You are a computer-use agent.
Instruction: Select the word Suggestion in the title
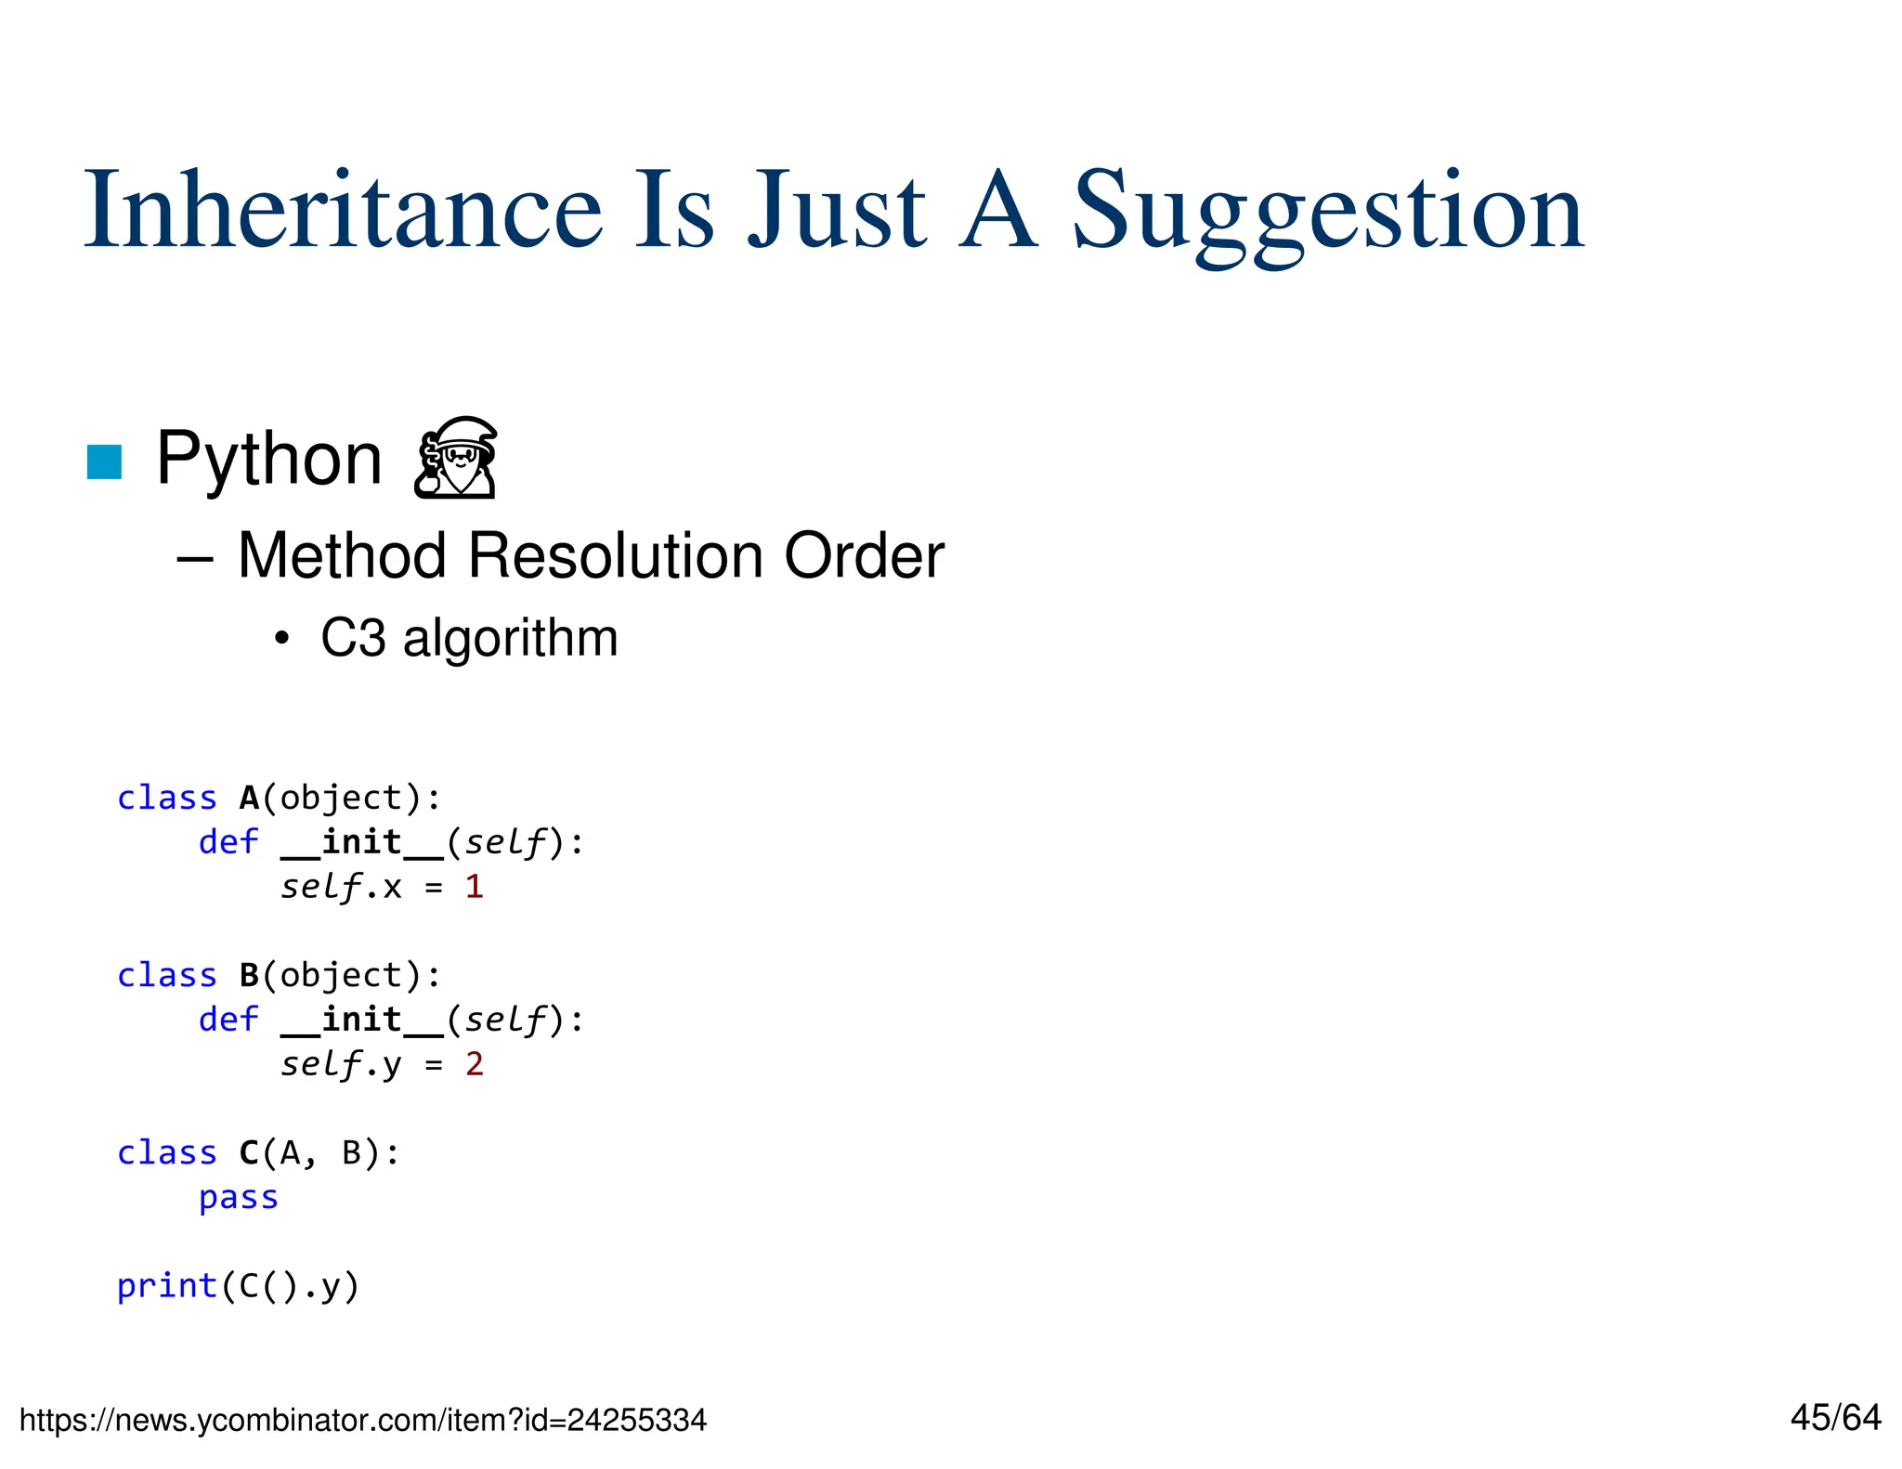pyautogui.click(x=1328, y=214)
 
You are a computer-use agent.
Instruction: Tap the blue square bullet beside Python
pyautogui.click(x=104, y=461)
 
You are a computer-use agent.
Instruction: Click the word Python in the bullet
pyautogui.click(x=268, y=460)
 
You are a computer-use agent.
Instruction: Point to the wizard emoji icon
pyautogui.click(x=455, y=458)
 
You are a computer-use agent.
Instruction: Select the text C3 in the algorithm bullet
pyautogui.click(x=352, y=638)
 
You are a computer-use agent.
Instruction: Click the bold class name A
pyautogui.click(x=249, y=798)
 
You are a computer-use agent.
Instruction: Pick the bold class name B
pyautogui.click(x=249, y=975)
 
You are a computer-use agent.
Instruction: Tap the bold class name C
pyautogui.click(x=249, y=1152)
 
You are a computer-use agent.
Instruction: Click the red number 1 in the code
pyautogui.click(x=474, y=887)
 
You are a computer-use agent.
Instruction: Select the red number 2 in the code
pyautogui.click(x=474, y=1064)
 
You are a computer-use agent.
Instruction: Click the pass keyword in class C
pyautogui.click(x=239, y=1197)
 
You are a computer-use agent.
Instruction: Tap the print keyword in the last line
pyautogui.click(x=166, y=1286)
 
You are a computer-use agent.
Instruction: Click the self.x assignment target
pyautogui.click(x=341, y=887)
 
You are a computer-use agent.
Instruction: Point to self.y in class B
pyautogui.click(x=341, y=1064)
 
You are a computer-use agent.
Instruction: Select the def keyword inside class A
pyautogui.click(x=228, y=842)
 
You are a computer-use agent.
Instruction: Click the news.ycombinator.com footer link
pyautogui.click(x=362, y=1420)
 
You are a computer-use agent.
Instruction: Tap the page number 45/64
pyautogui.click(x=1835, y=1417)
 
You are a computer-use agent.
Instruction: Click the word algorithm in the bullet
pyautogui.click(x=510, y=638)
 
